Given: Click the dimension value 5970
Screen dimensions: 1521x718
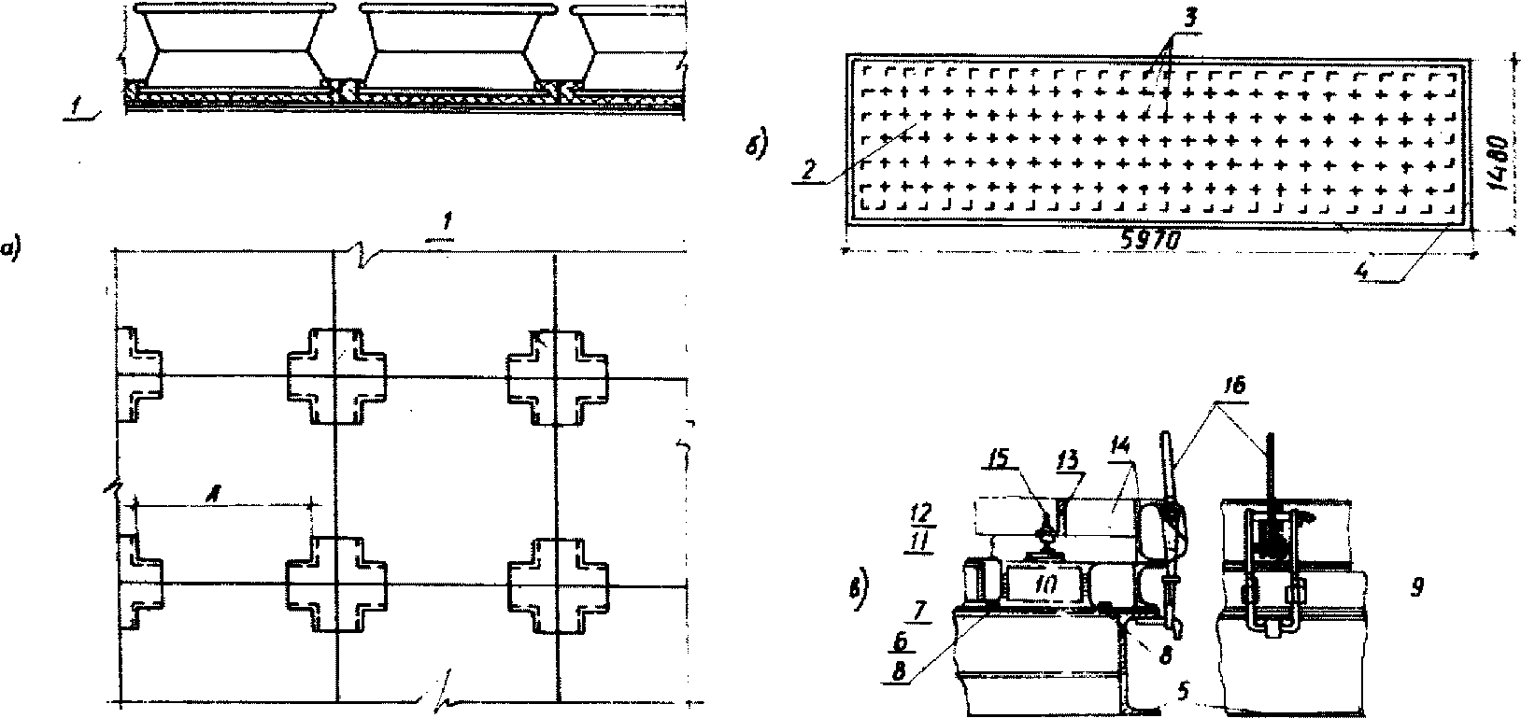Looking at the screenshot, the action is point(1151,240).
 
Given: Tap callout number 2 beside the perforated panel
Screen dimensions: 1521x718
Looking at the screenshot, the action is point(809,171).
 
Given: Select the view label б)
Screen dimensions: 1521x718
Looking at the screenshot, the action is point(758,147).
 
